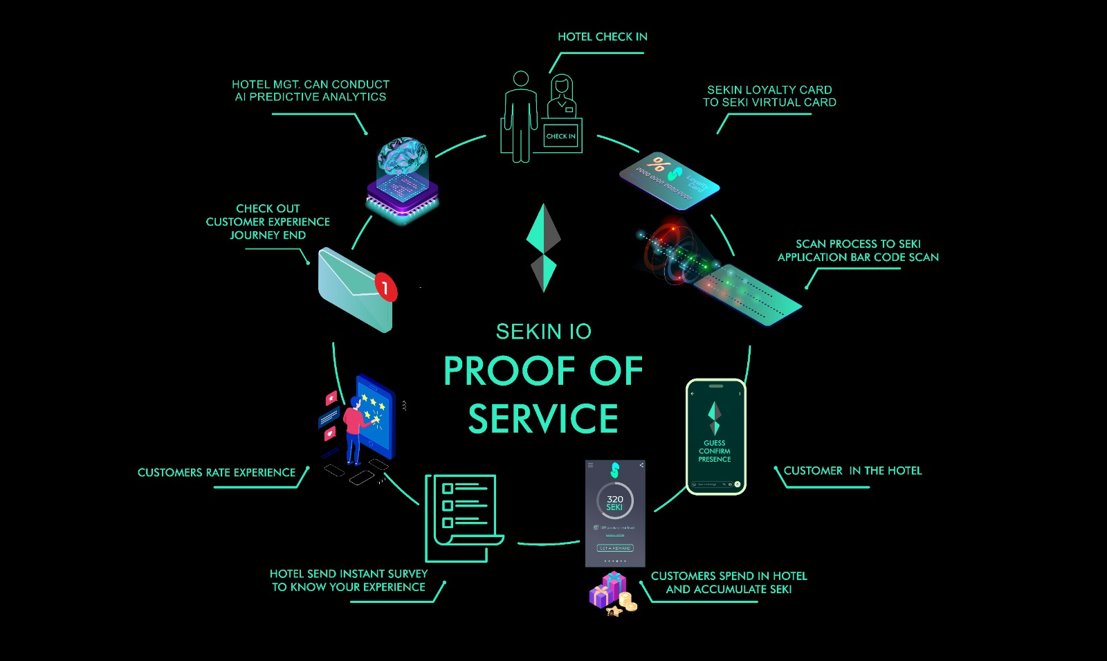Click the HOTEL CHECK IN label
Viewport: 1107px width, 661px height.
point(602,37)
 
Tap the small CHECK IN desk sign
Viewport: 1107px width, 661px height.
point(560,136)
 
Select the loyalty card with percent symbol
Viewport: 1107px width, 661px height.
point(669,180)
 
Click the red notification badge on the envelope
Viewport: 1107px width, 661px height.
point(385,287)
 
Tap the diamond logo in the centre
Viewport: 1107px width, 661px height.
point(543,248)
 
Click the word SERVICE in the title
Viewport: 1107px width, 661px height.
point(543,419)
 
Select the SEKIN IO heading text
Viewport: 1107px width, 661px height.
point(543,332)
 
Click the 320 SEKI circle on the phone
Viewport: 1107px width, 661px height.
point(614,502)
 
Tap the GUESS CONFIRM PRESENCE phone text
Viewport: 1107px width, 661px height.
point(715,451)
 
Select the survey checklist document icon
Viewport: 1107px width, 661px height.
point(462,516)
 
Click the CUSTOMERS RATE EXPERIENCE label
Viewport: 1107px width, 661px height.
point(216,473)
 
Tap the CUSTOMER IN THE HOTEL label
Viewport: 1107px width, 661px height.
point(852,471)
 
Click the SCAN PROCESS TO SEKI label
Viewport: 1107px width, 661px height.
point(858,244)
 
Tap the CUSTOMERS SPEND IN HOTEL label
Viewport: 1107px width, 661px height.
point(729,576)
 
